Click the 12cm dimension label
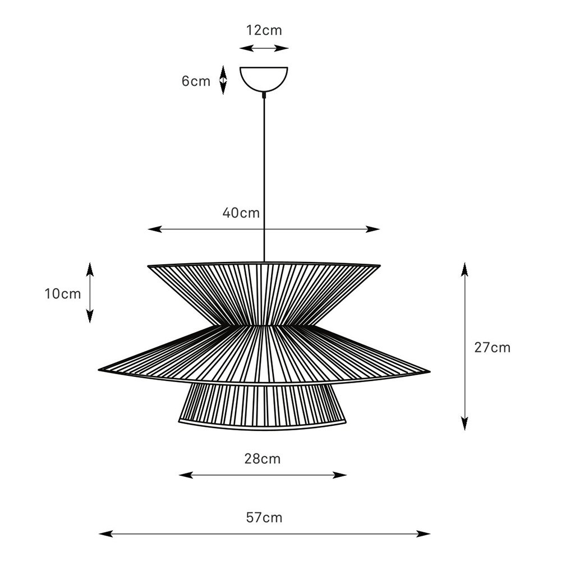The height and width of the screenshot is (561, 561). tap(264, 30)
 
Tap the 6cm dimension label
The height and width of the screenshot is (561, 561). tap(196, 81)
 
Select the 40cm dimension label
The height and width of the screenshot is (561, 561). tap(241, 213)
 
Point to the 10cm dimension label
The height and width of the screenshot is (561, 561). tap(63, 293)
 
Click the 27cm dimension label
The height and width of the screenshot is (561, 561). tap(493, 347)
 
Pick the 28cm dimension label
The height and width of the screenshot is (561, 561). tap(263, 459)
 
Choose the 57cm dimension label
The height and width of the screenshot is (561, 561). tap(264, 517)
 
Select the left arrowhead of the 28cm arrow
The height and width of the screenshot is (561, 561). tap(183, 475)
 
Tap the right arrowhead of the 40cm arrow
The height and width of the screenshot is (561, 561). tap(376, 229)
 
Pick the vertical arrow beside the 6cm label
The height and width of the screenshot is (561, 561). tap(223, 80)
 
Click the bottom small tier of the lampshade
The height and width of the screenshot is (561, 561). tap(263, 405)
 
